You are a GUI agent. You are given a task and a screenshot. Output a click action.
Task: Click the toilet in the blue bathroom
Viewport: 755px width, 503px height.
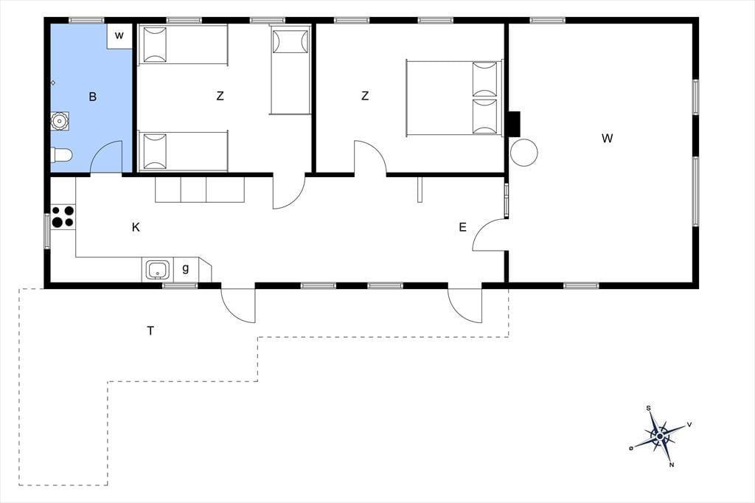click(x=61, y=155)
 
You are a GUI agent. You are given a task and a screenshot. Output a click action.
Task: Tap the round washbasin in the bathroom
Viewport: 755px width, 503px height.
click(x=60, y=121)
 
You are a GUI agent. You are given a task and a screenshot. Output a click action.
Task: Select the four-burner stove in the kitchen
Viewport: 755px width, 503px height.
click(x=63, y=217)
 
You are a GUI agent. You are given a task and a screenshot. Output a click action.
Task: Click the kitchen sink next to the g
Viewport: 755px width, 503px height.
click(x=157, y=270)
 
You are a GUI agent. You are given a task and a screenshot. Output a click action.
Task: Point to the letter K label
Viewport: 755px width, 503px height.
click(x=136, y=227)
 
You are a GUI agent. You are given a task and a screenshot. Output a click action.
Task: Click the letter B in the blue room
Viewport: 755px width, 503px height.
click(x=92, y=97)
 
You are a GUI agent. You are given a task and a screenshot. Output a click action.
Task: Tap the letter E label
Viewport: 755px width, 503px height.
click(x=463, y=227)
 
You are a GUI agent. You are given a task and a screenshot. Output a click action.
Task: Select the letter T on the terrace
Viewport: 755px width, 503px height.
click(x=150, y=330)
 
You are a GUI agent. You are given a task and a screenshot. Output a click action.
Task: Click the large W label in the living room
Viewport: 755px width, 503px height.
click(x=608, y=139)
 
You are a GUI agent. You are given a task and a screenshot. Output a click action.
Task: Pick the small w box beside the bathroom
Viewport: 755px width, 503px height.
click(x=119, y=35)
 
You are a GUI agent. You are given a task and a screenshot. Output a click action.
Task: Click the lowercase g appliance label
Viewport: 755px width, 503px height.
click(x=185, y=269)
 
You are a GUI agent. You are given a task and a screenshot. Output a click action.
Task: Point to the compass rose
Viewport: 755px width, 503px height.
click(x=660, y=437)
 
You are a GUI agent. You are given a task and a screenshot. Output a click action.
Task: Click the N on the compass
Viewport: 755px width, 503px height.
click(x=672, y=465)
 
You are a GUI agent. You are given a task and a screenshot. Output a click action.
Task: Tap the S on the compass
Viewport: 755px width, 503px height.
click(x=649, y=409)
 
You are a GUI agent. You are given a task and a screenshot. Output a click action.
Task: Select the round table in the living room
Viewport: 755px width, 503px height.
click(x=524, y=152)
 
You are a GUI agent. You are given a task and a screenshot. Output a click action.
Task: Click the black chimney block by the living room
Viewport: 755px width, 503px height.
click(x=515, y=124)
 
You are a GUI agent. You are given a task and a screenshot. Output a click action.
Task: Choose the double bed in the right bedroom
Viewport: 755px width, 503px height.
click(x=454, y=97)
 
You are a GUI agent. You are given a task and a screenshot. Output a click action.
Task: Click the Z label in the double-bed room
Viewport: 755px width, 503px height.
click(x=365, y=96)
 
